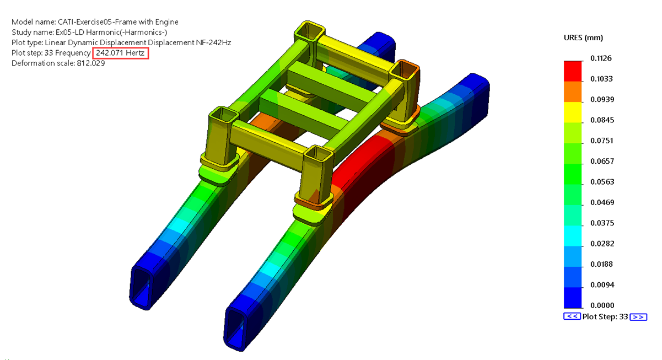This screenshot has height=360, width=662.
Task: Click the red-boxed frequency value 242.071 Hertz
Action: (x=121, y=53)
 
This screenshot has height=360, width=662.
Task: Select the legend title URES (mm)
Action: (x=583, y=37)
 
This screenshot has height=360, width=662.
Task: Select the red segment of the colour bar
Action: (x=573, y=71)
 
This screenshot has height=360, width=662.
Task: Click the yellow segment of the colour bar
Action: (x=573, y=112)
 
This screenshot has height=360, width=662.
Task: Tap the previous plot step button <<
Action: (x=571, y=317)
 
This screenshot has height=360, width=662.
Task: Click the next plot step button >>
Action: (x=638, y=317)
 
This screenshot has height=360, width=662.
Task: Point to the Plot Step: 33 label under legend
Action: (x=605, y=317)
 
